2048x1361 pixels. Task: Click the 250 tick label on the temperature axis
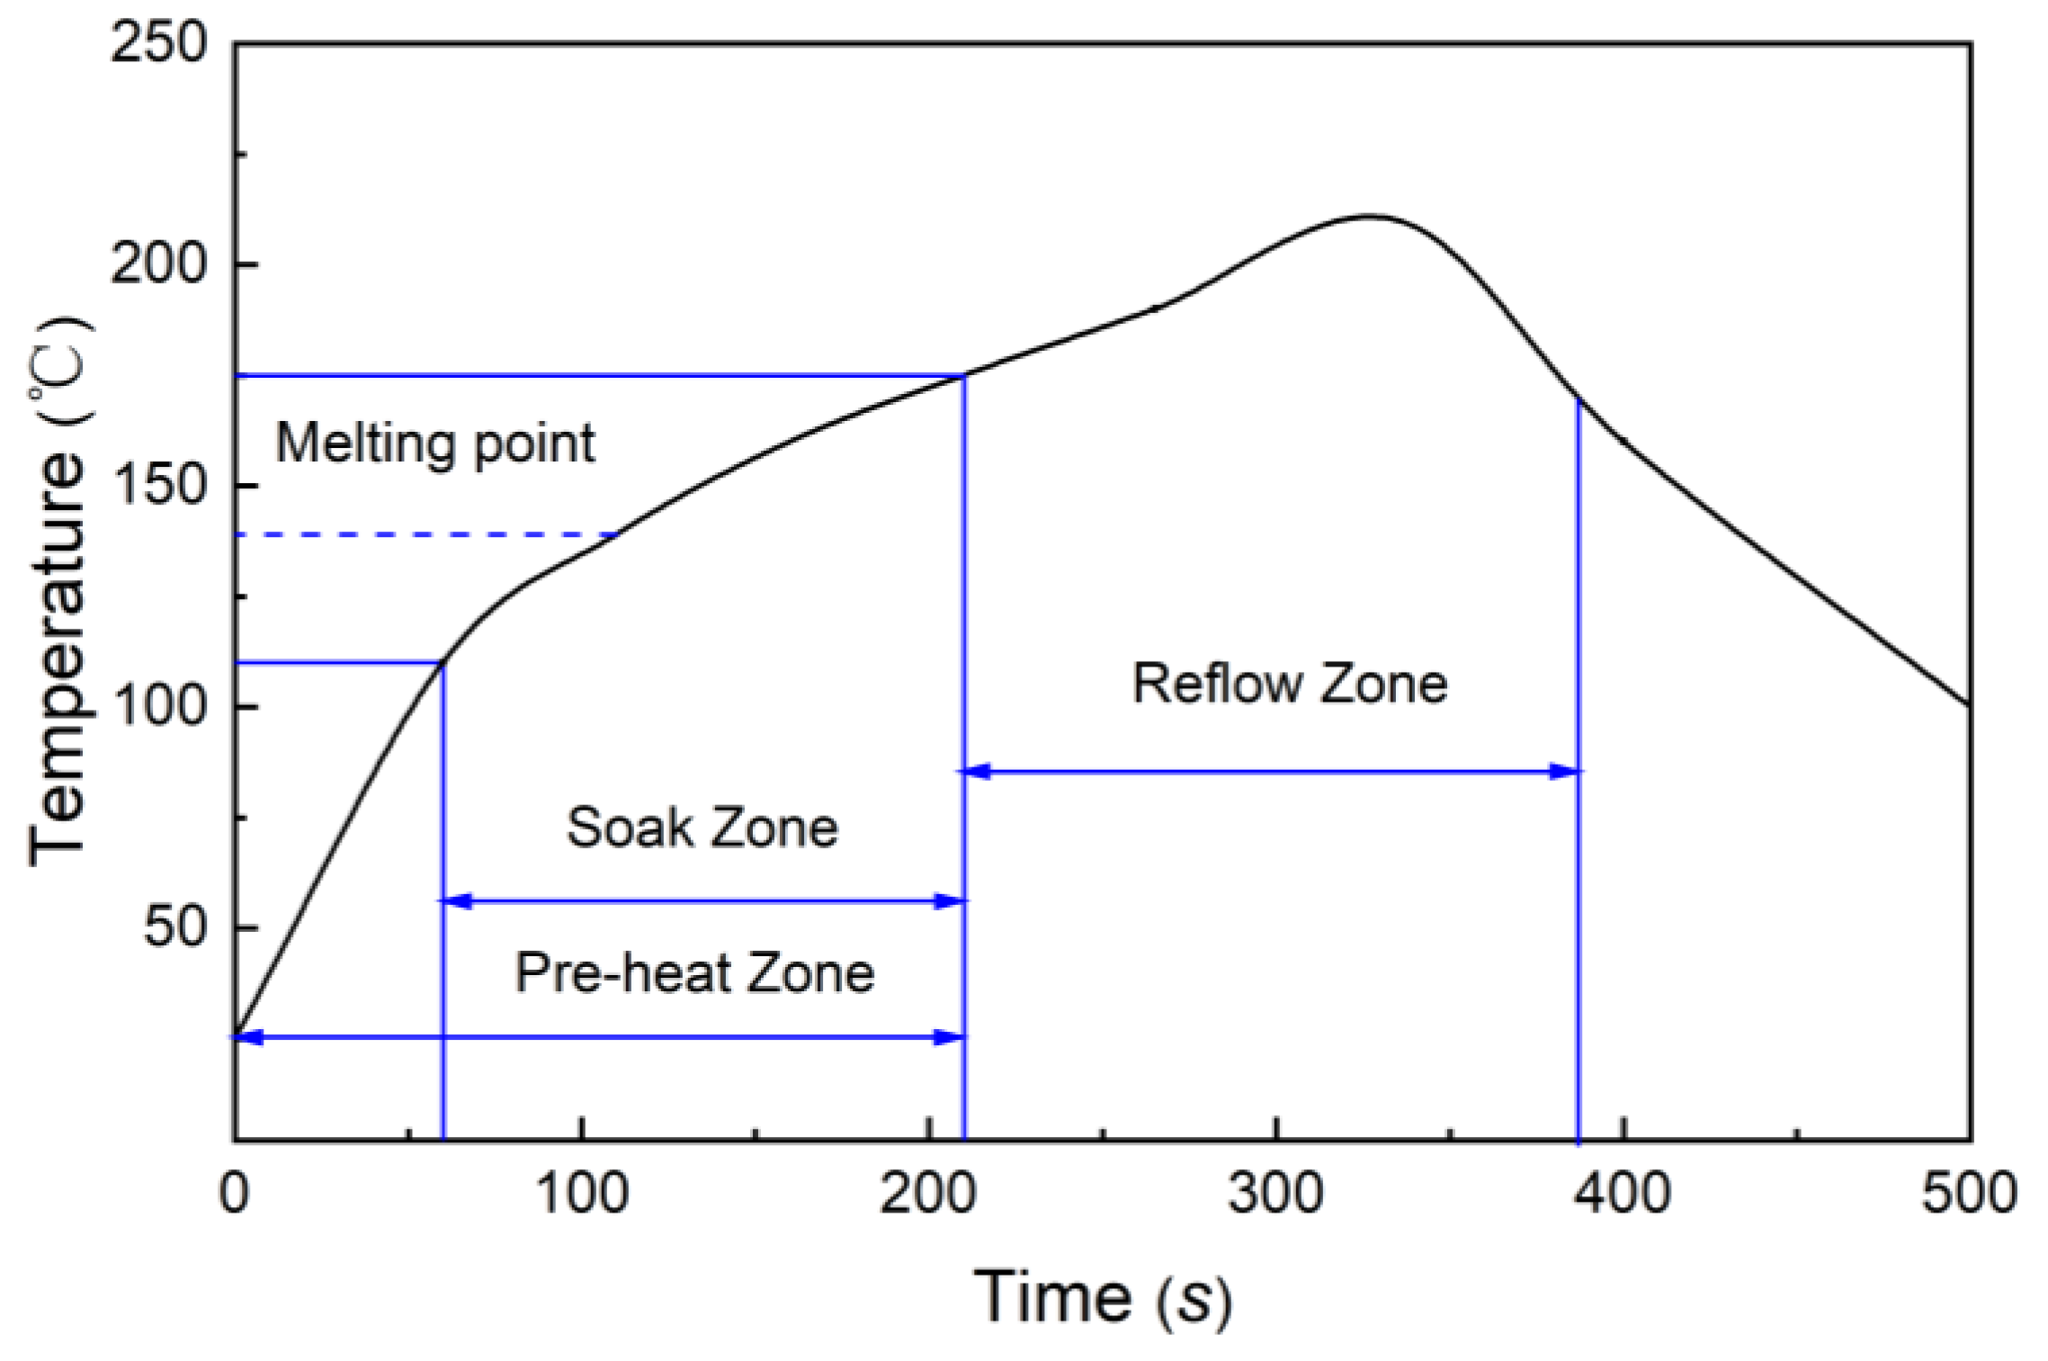pos(158,42)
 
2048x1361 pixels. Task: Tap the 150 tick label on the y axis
pos(158,485)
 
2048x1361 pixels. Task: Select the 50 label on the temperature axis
pos(175,927)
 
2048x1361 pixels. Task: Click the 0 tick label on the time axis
pos(235,1194)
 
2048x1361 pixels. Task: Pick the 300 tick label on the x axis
pos(1275,1194)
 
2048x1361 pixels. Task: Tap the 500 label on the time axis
pos(1969,1194)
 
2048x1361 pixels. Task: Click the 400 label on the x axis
pos(1623,1194)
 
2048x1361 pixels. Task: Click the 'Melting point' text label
pos(434,443)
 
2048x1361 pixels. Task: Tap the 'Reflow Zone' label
pos(1289,683)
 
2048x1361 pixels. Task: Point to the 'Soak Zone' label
pos(702,827)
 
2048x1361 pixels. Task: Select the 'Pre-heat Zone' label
pos(694,972)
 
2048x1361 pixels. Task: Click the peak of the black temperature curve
pos(1367,216)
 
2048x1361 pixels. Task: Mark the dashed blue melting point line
pos(423,534)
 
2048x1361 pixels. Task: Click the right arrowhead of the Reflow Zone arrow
pos(1566,771)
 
